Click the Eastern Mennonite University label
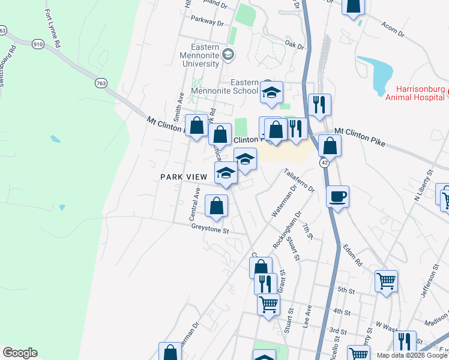(x=196, y=55)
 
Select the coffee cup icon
(x=338, y=196)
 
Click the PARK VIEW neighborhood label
(x=183, y=177)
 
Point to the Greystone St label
(x=210, y=229)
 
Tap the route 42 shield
(x=324, y=163)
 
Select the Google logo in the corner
(x=20, y=353)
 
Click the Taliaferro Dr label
(x=300, y=180)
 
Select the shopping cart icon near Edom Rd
(x=386, y=280)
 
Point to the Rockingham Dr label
(x=285, y=237)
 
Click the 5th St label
(x=346, y=290)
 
